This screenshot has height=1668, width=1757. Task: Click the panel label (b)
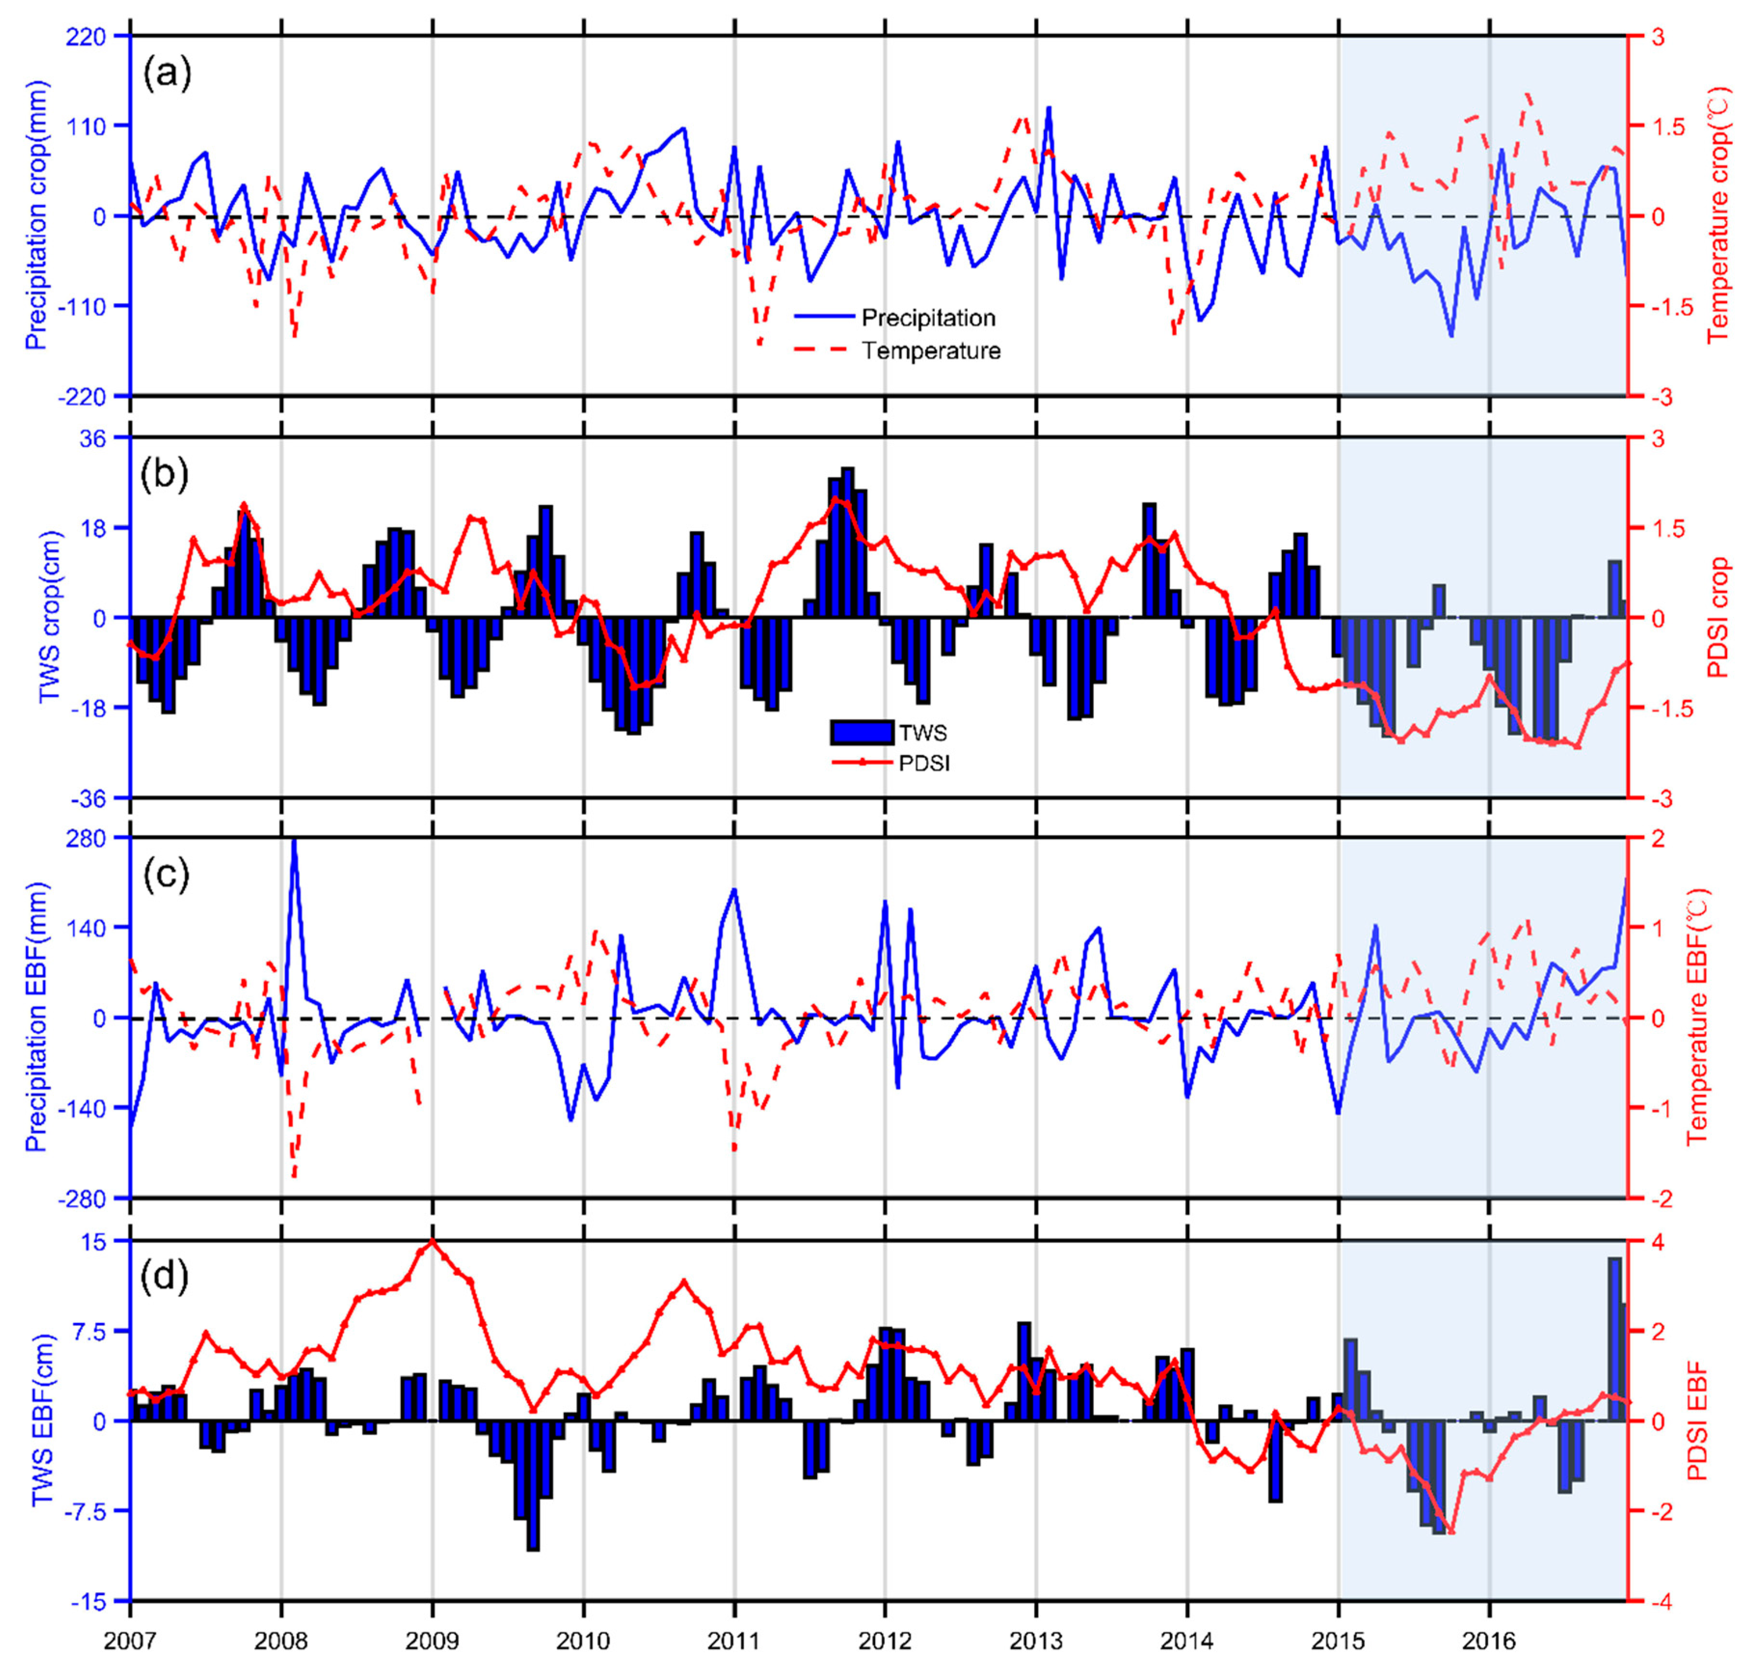pos(167,474)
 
